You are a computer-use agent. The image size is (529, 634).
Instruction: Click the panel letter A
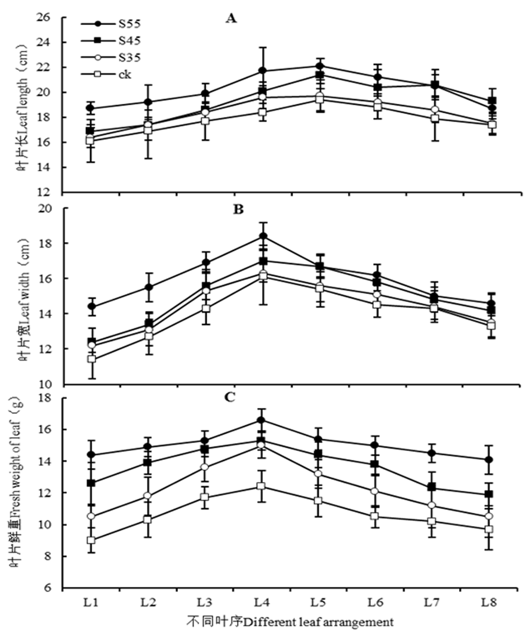pyautogui.click(x=232, y=19)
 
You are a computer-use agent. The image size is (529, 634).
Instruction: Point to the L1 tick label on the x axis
pyautogui.click(x=91, y=603)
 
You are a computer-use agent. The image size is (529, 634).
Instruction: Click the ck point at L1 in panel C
pyautogui.click(x=91, y=540)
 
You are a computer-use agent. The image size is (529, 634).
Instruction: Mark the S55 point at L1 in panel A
pyautogui.click(x=91, y=108)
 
